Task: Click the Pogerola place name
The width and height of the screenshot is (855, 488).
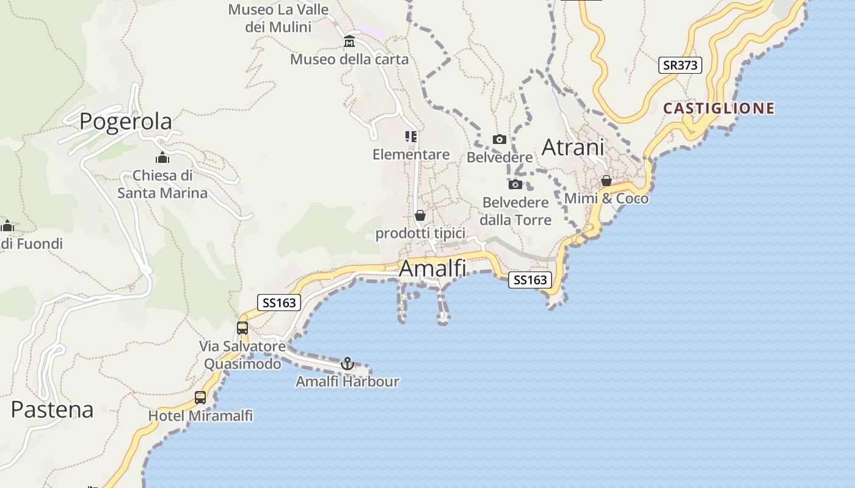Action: (126, 121)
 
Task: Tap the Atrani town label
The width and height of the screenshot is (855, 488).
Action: (573, 147)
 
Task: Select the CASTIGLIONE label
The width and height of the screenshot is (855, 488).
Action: (719, 109)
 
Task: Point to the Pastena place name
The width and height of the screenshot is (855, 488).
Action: (52, 409)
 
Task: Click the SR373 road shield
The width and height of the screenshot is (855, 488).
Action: (680, 65)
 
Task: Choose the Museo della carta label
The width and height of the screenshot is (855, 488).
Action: (349, 59)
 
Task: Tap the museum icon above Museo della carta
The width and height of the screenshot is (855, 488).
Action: (349, 41)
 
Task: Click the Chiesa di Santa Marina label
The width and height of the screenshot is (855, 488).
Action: (162, 184)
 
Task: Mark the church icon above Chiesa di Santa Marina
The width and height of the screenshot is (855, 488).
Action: (162, 158)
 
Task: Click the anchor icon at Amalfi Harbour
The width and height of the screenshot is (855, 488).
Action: (347, 364)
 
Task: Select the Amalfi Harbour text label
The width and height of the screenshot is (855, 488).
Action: (347, 382)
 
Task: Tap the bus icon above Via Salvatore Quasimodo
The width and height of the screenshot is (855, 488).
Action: (242, 328)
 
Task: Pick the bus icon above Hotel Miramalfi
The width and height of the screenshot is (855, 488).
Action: (200, 398)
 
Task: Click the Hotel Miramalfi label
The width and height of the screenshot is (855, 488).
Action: (200, 416)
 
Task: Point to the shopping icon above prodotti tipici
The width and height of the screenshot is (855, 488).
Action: (420, 215)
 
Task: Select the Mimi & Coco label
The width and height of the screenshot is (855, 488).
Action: (606, 199)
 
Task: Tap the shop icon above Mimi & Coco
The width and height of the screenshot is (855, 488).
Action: (606, 181)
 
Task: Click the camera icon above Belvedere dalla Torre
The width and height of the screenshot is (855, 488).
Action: (515, 184)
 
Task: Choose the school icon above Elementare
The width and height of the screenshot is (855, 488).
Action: (411, 137)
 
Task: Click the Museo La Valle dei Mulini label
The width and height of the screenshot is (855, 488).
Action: (278, 18)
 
